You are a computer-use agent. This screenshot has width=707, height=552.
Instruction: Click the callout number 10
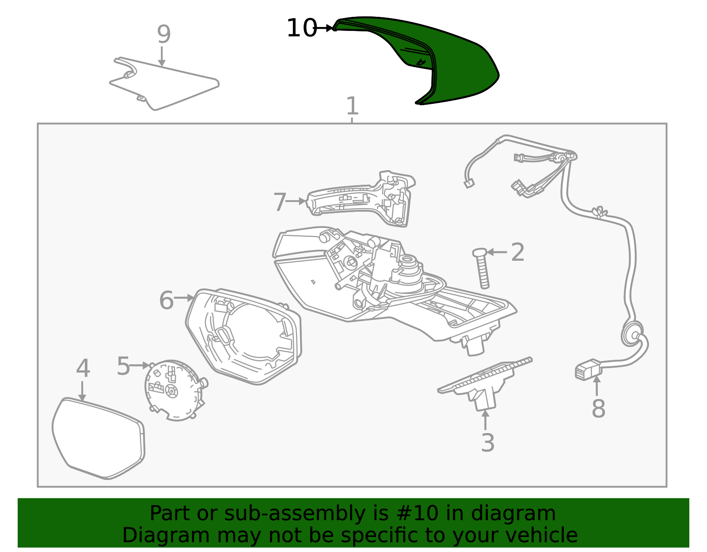coord(302,28)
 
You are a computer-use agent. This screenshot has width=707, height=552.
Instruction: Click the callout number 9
coord(163,34)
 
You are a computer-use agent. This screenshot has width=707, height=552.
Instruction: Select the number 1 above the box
coord(352,106)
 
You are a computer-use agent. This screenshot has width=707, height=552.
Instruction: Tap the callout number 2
coord(517,252)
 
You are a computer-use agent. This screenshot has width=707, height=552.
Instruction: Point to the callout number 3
coord(488,442)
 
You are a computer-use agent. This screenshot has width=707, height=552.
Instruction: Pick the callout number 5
coord(123,366)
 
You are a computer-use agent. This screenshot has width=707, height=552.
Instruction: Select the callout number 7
coord(280,202)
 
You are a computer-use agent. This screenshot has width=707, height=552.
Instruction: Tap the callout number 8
coord(598,408)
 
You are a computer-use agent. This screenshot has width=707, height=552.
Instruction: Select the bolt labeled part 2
coord(482,268)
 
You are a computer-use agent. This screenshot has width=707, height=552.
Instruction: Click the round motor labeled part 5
coord(174,390)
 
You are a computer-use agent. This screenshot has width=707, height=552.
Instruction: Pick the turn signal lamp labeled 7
coord(361,198)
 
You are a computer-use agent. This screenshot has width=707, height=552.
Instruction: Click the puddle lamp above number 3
coord(485,383)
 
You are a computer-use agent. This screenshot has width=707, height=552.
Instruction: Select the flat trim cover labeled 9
coord(164,84)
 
